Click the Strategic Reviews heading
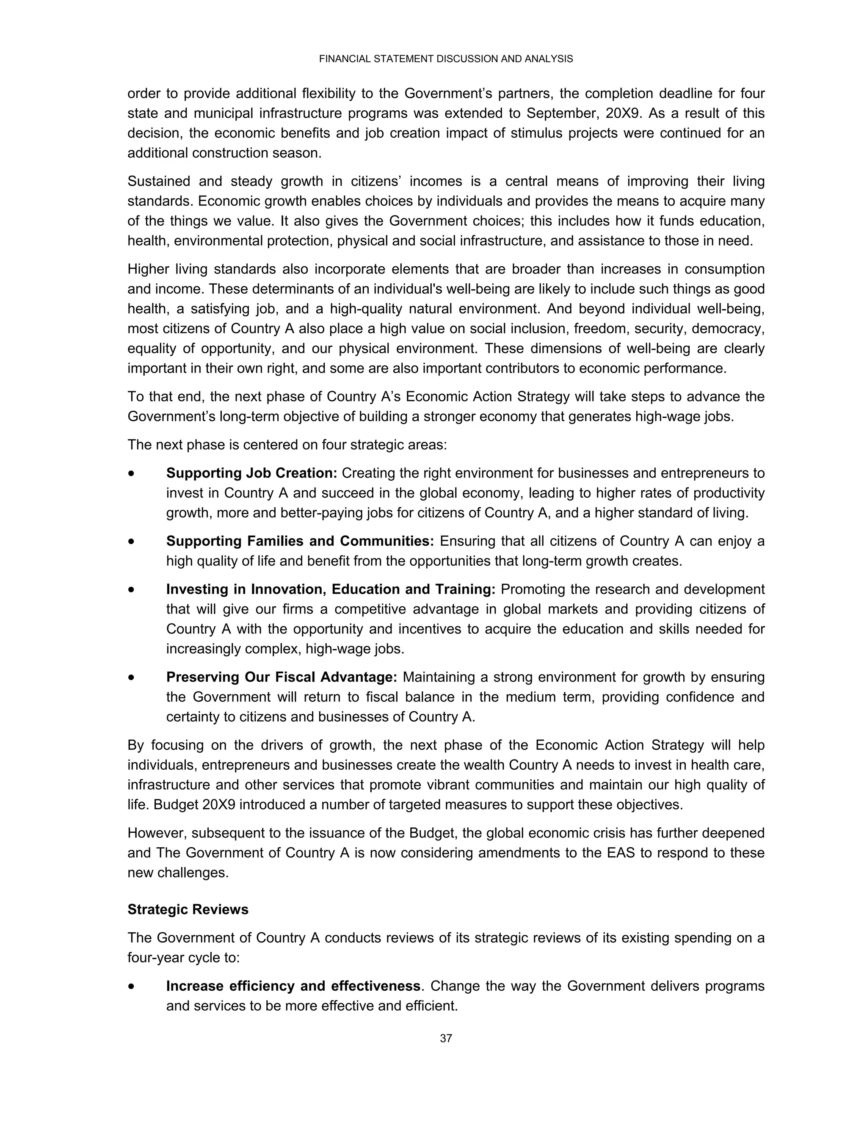point(188,924)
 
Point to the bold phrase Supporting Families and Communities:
point(300,541)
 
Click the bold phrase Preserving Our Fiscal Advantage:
point(282,677)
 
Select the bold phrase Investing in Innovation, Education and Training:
point(330,589)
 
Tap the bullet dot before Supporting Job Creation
point(133,474)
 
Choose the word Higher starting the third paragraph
point(149,269)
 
